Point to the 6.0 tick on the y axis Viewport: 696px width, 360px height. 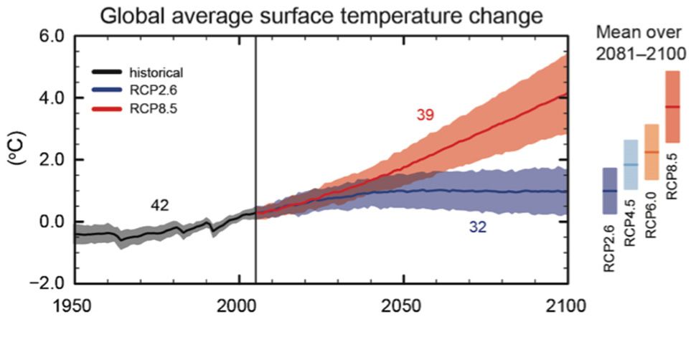click(51, 36)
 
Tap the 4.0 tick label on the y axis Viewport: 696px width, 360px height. click(51, 98)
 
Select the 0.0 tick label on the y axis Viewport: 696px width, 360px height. click(51, 222)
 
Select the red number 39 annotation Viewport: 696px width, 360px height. click(425, 114)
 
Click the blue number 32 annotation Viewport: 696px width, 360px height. click(478, 227)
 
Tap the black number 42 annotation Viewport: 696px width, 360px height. click(159, 206)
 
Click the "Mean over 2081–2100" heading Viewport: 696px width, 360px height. click(640, 42)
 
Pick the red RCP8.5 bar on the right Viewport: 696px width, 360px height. click(672, 106)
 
